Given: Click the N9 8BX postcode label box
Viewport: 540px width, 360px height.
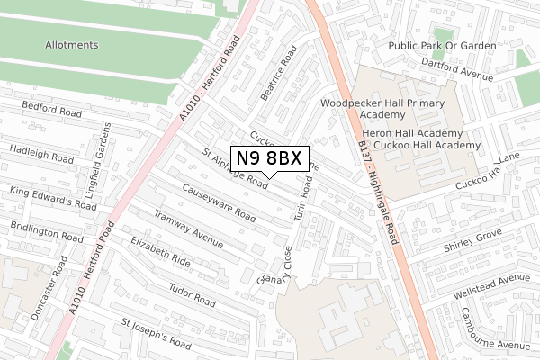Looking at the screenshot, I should click(x=270, y=158).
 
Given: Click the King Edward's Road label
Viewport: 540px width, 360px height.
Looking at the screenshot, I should click(x=53, y=198).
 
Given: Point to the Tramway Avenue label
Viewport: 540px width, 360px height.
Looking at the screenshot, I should click(x=188, y=229).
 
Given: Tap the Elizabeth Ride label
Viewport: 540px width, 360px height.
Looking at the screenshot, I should click(x=160, y=252).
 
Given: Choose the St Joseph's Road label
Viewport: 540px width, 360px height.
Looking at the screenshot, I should click(x=156, y=333).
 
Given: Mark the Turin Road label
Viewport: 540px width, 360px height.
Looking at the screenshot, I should click(x=304, y=199).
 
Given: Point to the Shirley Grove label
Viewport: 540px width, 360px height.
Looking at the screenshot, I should click(x=472, y=240).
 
